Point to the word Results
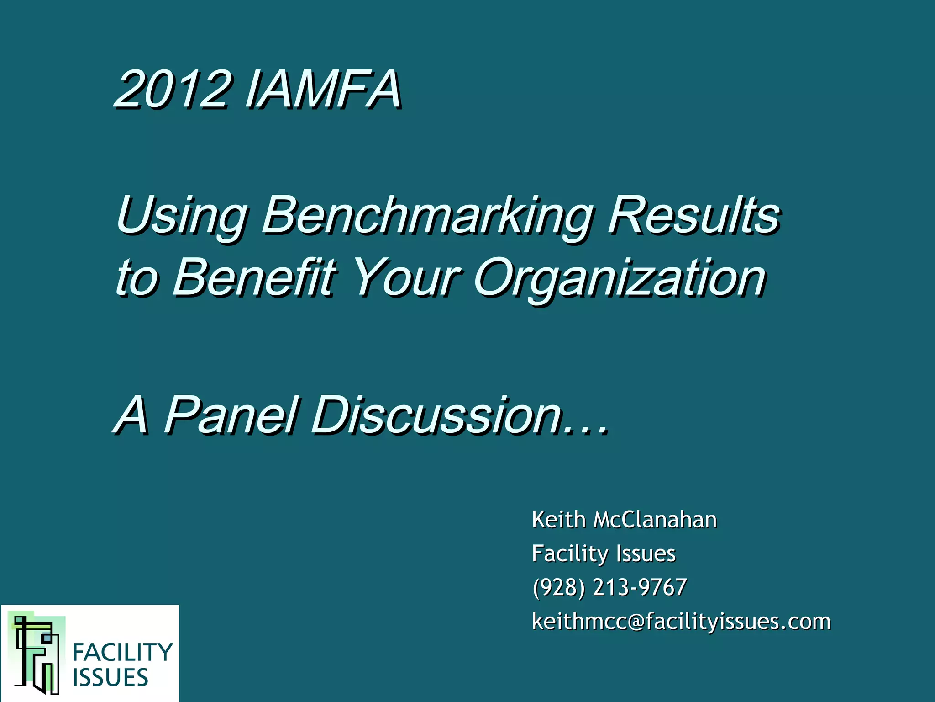click(694, 215)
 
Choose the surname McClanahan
click(655, 520)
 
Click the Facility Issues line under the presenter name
click(604, 554)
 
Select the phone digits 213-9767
click(640, 588)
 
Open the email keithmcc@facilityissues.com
click(681, 622)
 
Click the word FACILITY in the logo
click(123, 652)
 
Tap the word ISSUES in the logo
click(110, 677)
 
